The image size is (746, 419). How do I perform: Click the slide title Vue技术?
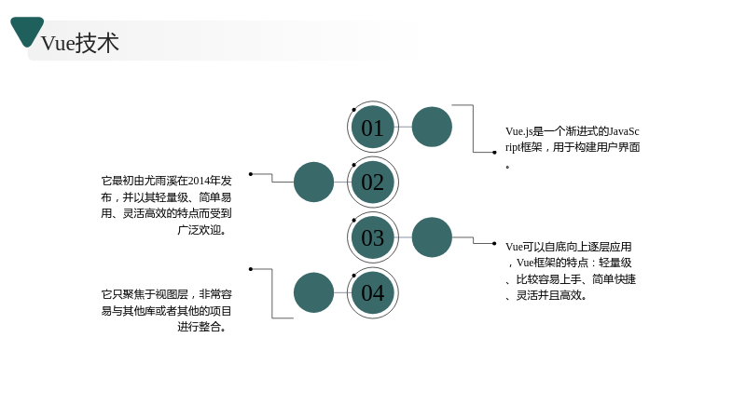80,43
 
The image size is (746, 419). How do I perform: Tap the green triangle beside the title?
27,31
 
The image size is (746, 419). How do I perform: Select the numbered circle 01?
372,128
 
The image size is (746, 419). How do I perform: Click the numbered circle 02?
372,182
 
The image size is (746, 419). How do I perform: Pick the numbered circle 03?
372,237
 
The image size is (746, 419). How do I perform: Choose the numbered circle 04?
372,292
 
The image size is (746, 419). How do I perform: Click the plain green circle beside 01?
432,127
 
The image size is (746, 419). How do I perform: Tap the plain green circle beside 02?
313,182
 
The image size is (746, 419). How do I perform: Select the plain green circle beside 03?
432,237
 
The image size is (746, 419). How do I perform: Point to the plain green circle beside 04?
313,292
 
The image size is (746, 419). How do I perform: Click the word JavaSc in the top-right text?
624,131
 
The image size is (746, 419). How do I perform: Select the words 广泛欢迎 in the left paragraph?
200,230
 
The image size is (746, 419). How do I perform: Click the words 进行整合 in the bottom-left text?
200,327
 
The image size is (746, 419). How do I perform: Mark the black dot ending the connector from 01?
494,153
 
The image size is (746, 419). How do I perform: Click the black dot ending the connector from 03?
494,243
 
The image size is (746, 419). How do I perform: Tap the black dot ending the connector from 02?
251,174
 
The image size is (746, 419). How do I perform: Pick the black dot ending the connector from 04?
251,269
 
